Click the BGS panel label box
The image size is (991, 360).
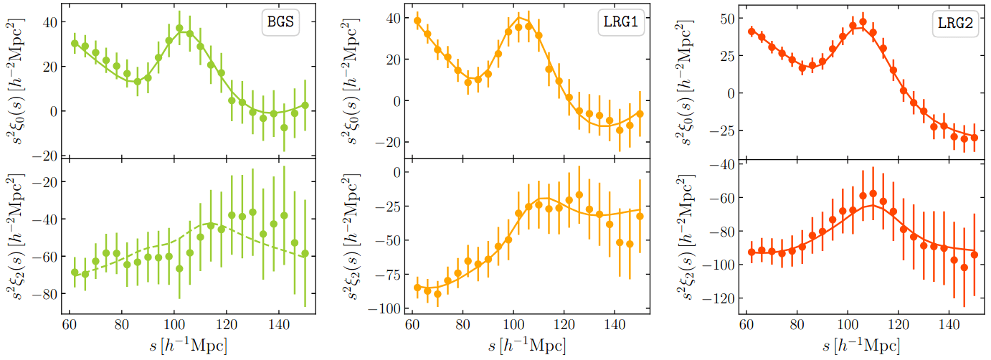[x=279, y=23]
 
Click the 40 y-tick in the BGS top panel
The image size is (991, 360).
[x=52, y=22]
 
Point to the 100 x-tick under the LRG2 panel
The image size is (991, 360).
[x=848, y=324]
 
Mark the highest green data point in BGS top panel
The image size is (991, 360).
[x=179, y=29]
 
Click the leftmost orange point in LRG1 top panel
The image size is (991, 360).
[x=417, y=20]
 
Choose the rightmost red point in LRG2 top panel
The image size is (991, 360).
[x=974, y=137]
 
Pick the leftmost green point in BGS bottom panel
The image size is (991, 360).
[x=75, y=272]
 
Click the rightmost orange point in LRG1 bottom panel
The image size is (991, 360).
[x=640, y=216]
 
